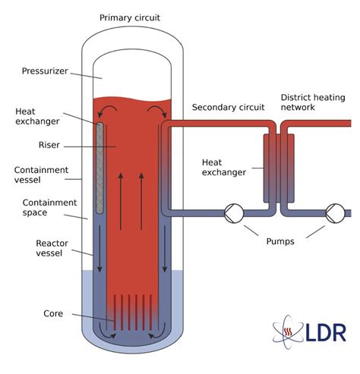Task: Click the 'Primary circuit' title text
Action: (x=131, y=17)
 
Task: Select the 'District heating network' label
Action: (x=314, y=103)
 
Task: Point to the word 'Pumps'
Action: (x=279, y=242)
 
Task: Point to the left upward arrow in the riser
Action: (x=121, y=201)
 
